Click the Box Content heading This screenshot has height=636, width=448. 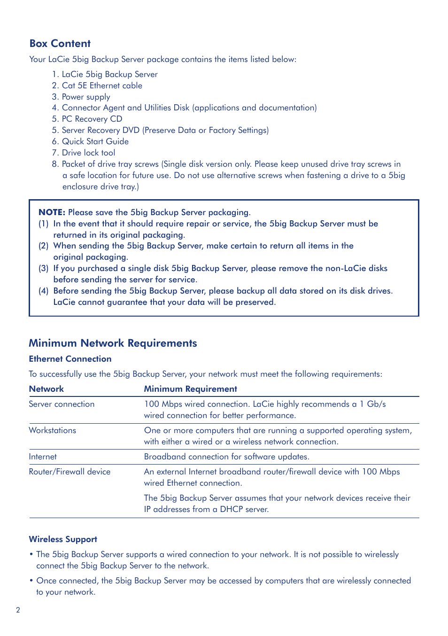click(x=60, y=44)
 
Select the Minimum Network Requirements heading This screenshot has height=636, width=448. click(x=113, y=343)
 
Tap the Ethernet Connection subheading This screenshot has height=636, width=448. click(x=70, y=359)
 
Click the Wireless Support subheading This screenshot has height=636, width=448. click(x=63, y=539)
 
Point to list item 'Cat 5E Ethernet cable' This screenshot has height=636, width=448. click(x=102, y=85)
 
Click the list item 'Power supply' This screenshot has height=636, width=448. click(x=86, y=97)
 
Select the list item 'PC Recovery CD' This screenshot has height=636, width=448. click(x=92, y=119)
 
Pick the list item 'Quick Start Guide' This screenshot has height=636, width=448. click(x=95, y=141)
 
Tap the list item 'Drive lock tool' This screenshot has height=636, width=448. click(x=88, y=153)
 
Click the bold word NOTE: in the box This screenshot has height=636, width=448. click(x=52, y=212)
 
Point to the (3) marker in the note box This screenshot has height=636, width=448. click(x=44, y=268)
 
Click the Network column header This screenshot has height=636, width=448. click(x=46, y=389)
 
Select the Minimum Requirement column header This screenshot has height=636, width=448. click(x=190, y=389)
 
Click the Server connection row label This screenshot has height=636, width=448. click(x=62, y=404)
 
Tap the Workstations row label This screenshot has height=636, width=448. click(x=52, y=430)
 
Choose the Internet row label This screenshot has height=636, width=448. click(x=43, y=457)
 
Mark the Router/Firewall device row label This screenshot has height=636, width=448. click(x=70, y=472)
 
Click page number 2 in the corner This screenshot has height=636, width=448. click(x=18, y=610)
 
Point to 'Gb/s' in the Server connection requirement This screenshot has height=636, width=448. click(x=376, y=404)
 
